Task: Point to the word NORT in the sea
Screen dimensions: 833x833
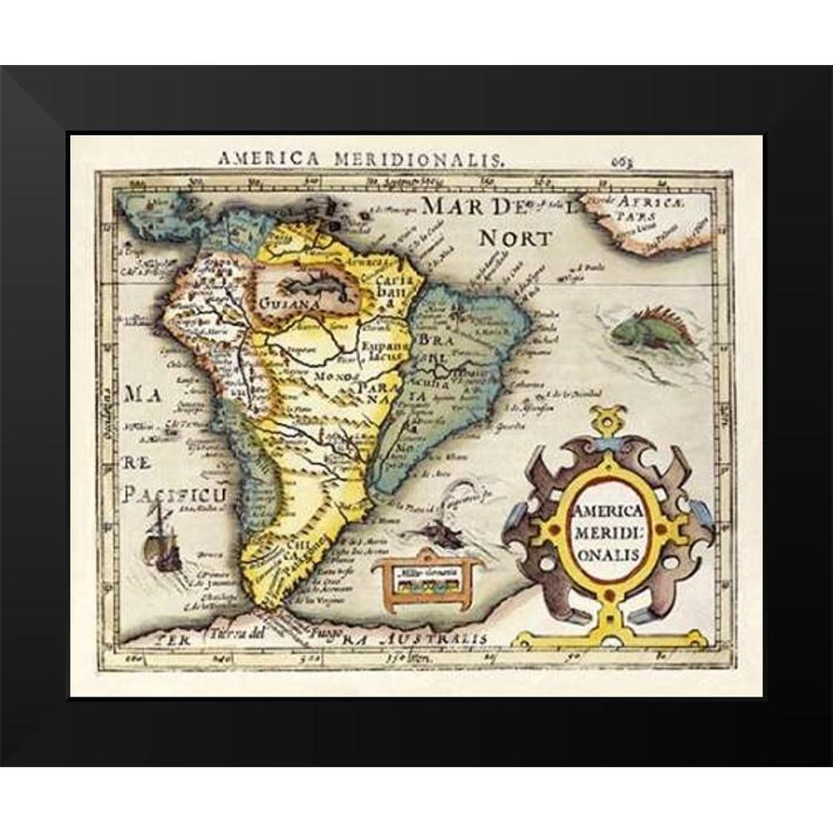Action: click(x=514, y=238)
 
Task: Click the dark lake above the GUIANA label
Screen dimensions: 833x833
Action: click(x=317, y=280)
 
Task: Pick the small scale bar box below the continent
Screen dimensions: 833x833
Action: click(x=427, y=576)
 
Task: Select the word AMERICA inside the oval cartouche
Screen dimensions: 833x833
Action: click(x=606, y=511)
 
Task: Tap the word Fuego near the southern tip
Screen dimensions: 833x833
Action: click(x=310, y=641)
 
